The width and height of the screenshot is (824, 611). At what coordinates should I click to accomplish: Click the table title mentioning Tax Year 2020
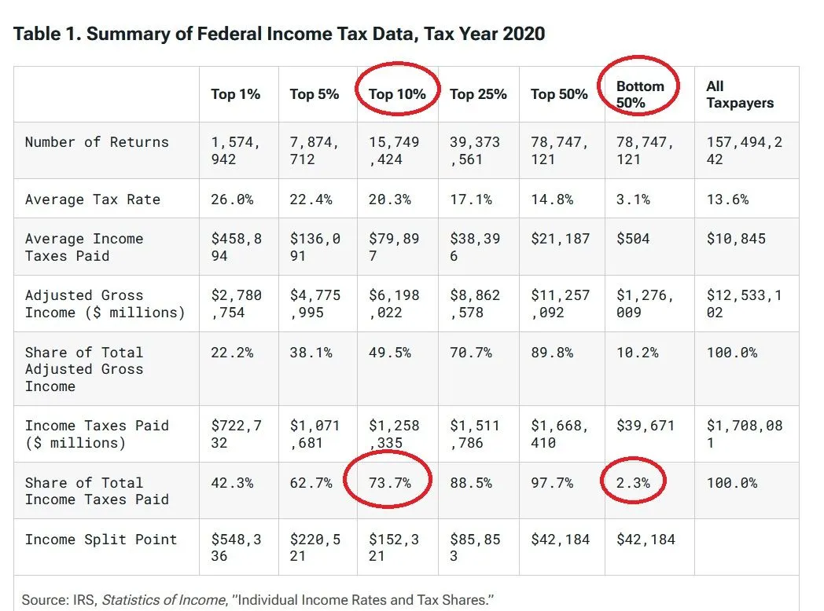pyautogui.click(x=279, y=34)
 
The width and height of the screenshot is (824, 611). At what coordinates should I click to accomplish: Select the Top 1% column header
pyautogui.click(x=235, y=94)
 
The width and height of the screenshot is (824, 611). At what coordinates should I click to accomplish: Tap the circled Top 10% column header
pyautogui.click(x=397, y=94)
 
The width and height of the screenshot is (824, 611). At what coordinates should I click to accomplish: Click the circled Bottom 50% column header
pyautogui.click(x=640, y=94)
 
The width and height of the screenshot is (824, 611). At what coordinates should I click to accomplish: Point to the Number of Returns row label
pyautogui.click(x=97, y=142)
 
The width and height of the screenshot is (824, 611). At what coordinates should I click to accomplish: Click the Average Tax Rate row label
pyautogui.click(x=92, y=199)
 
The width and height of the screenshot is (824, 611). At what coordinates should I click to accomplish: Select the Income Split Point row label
pyautogui.click(x=101, y=540)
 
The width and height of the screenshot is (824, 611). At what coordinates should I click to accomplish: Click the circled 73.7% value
pyautogui.click(x=390, y=483)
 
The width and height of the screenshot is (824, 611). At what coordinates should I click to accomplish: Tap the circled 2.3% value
pyautogui.click(x=633, y=483)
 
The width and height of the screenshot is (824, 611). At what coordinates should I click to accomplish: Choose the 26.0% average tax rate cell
pyautogui.click(x=232, y=199)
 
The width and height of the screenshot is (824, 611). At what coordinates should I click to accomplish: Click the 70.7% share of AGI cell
pyautogui.click(x=471, y=353)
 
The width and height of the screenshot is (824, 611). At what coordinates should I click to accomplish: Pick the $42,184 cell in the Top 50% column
pyautogui.click(x=560, y=540)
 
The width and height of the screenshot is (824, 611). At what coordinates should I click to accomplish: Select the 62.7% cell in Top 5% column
pyautogui.click(x=311, y=483)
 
